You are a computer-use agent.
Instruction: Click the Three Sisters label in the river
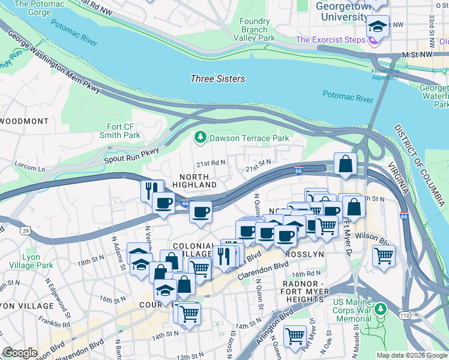click(x=217, y=79)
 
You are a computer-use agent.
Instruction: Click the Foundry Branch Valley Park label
click(x=258, y=29)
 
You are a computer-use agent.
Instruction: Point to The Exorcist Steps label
click(x=331, y=40)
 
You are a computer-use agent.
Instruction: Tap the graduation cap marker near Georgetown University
click(x=378, y=26)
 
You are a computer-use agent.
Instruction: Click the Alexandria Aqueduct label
click(x=384, y=73)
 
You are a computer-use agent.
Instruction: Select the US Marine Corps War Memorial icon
click(x=380, y=310)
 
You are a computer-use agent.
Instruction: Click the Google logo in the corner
click(x=20, y=353)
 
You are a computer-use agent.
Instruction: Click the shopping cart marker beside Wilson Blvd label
click(x=384, y=256)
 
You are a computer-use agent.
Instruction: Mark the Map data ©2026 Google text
click(x=411, y=355)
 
